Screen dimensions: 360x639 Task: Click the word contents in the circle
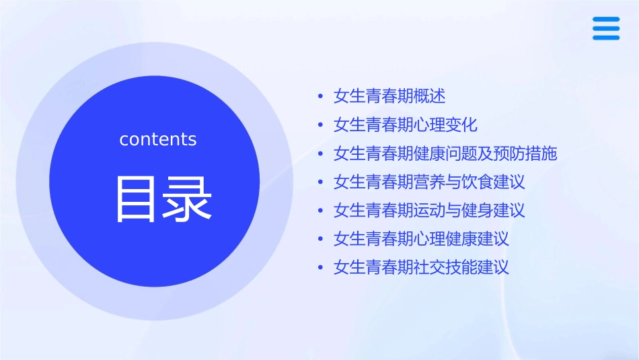click(x=158, y=139)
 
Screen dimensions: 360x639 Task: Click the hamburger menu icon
click(x=606, y=28)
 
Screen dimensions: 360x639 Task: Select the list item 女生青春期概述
click(x=389, y=96)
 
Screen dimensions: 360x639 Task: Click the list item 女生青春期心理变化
click(x=405, y=125)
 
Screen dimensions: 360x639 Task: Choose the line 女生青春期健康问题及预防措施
click(x=445, y=153)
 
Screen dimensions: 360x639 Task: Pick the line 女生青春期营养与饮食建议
click(x=429, y=182)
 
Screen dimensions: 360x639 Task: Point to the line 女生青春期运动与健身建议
click(x=429, y=210)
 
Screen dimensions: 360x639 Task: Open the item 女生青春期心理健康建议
click(x=421, y=238)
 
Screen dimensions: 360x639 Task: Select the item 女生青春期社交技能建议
click(x=421, y=267)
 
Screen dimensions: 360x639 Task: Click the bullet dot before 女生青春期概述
click(x=321, y=97)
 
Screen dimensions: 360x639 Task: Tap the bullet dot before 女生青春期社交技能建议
click(x=321, y=268)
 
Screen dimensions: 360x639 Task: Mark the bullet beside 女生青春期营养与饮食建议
click(x=321, y=182)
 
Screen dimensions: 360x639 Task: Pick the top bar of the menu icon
click(x=606, y=19)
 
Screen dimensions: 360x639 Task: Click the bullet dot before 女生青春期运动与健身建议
click(x=321, y=211)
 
